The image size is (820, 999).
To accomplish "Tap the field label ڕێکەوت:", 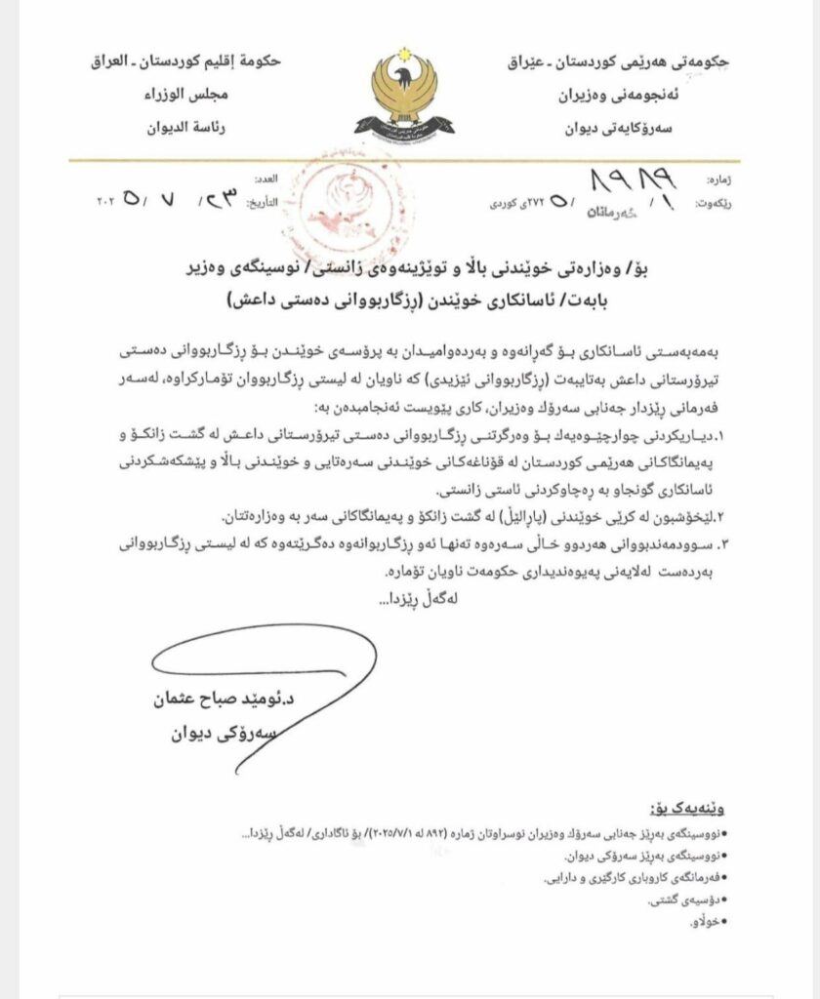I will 711,204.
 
